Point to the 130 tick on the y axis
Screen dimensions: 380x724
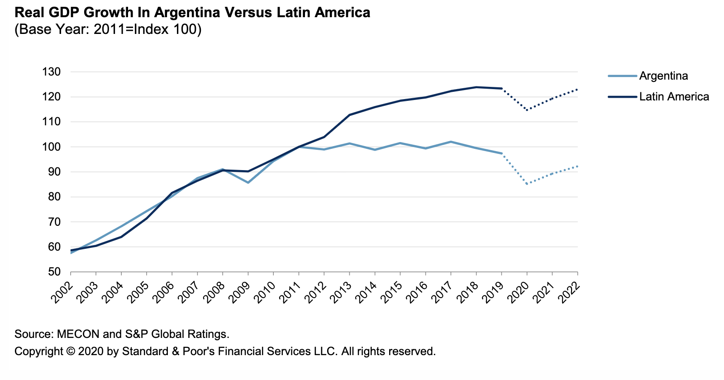coord(51,72)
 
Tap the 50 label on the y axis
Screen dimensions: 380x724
coord(54,272)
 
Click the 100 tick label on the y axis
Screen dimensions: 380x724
coord(51,147)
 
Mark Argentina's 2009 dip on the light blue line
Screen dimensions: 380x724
coord(248,182)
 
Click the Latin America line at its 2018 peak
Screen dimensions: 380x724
coord(476,87)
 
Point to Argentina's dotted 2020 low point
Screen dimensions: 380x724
coord(527,184)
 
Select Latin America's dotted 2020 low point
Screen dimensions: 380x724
coord(527,110)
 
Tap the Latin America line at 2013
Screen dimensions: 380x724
coord(349,115)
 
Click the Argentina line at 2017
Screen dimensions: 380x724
coord(451,142)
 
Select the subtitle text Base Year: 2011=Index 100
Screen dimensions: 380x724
coord(108,30)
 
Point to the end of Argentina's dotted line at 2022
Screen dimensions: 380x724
coord(577,166)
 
